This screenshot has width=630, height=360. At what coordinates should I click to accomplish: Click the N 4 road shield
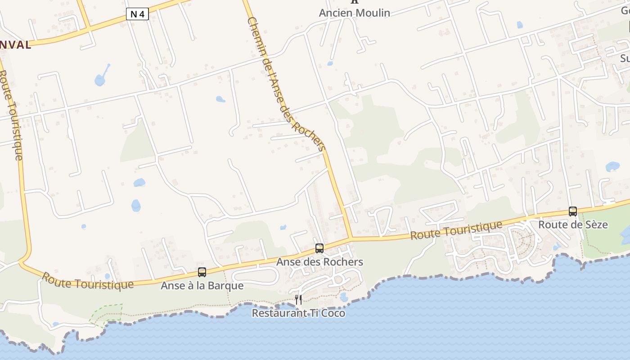[138, 14]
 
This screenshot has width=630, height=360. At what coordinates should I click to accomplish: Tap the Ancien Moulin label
[354, 13]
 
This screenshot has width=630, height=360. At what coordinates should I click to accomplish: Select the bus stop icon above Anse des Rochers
[319, 248]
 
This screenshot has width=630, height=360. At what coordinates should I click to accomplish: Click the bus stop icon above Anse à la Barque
[202, 272]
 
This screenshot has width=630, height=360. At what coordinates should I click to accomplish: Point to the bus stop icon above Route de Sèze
[573, 211]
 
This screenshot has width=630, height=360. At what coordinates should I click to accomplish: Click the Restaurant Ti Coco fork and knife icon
[298, 299]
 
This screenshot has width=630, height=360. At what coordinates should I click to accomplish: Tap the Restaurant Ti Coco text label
[298, 313]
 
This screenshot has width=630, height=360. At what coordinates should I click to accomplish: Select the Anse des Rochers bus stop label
[319, 262]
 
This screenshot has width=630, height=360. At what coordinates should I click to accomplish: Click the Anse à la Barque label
[202, 286]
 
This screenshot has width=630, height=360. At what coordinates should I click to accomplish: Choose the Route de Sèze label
[573, 225]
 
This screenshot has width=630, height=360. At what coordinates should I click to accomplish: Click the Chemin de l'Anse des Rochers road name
[286, 85]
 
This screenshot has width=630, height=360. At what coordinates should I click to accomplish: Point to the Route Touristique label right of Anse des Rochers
[456, 230]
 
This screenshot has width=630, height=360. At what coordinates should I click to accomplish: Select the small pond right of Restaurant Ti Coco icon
[344, 297]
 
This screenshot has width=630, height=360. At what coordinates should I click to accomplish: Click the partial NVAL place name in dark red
[16, 45]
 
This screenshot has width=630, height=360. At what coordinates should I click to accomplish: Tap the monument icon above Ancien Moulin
[355, 1]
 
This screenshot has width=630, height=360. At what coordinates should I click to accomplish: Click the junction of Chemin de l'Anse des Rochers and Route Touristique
[351, 238]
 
